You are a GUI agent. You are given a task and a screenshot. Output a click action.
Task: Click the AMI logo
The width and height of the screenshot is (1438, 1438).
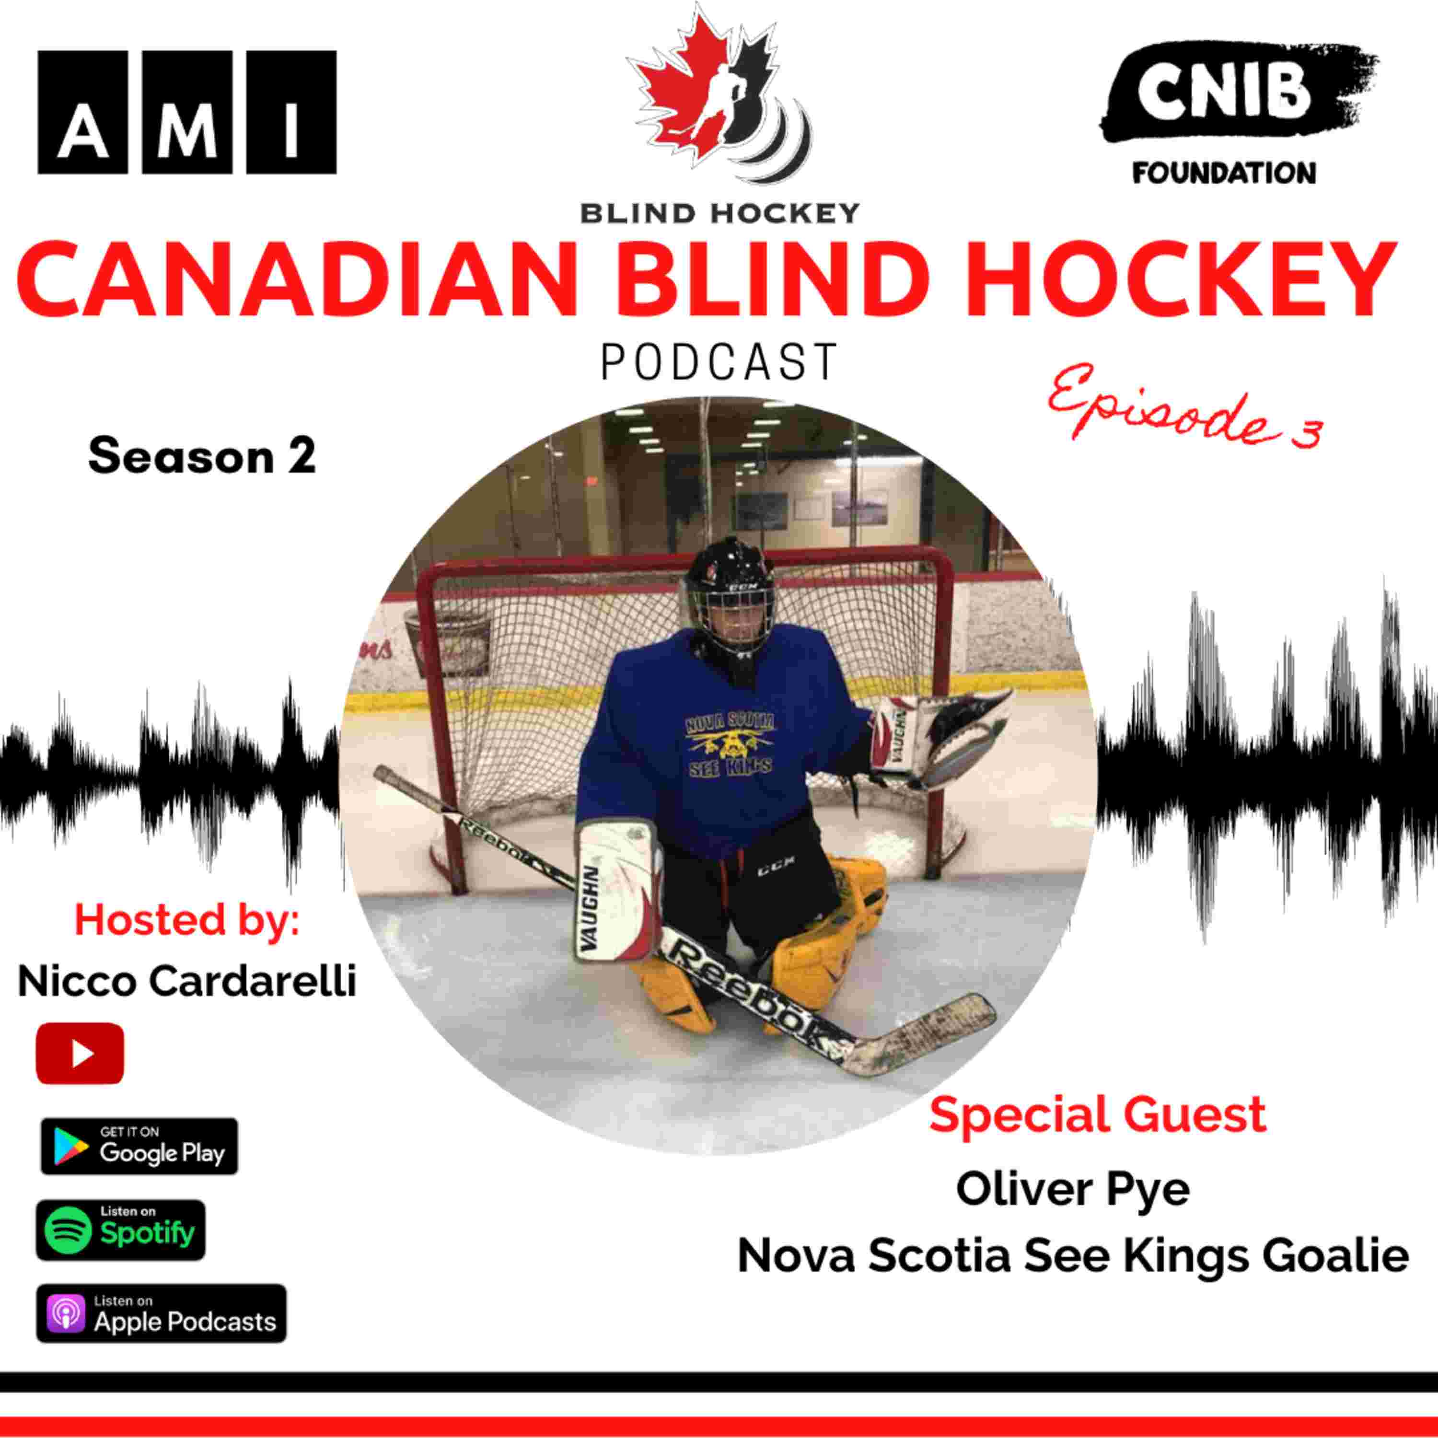click(187, 112)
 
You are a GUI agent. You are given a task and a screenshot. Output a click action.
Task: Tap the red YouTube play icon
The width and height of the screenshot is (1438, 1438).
click(80, 1053)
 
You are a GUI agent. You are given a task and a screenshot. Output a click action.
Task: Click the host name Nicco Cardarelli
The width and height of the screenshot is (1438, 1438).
click(187, 981)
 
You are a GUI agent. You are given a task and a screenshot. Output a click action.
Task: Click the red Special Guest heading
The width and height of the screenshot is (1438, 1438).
click(1098, 1114)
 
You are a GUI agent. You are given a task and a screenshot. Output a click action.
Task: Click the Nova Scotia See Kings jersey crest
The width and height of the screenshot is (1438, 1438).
click(730, 744)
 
